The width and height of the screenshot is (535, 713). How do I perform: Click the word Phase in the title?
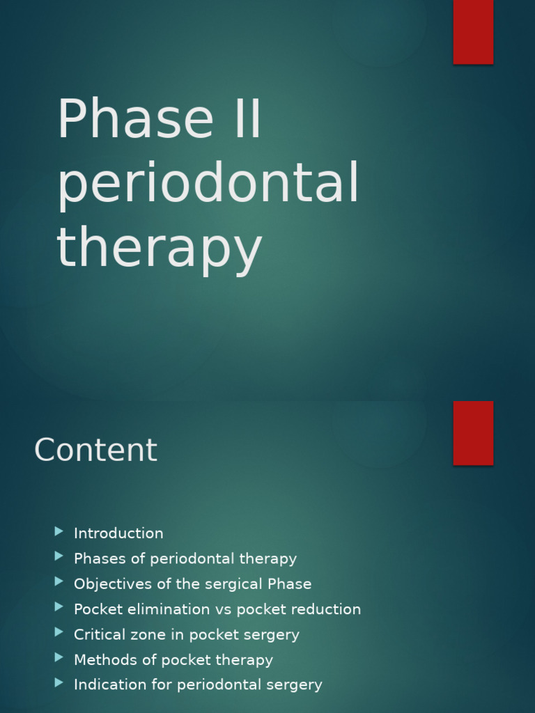click(x=136, y=120)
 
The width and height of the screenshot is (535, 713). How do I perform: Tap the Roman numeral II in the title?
click(x=247, y=120)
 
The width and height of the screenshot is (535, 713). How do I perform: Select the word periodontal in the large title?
click(x=208, y=183)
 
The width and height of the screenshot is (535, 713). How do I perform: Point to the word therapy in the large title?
click(x=159, y=248)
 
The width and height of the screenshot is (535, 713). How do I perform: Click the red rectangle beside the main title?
click(x=473, y=32)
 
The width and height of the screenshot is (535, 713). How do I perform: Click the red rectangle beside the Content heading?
click(x=473, y=432)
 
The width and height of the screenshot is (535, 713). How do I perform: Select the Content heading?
click(x=95, y=450)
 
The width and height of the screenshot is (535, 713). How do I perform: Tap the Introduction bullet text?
click(x=118, y=533)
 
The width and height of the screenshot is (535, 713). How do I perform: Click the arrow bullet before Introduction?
click(x=59, y=532)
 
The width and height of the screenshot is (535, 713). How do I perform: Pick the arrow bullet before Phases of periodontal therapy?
click(x=59, y=557)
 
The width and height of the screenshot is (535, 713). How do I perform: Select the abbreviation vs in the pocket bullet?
click(x=223, y=609)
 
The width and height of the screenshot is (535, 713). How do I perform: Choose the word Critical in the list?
click(x=98, y=634)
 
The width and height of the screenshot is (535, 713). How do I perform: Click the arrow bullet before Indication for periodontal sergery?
click(x=59, y=683)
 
